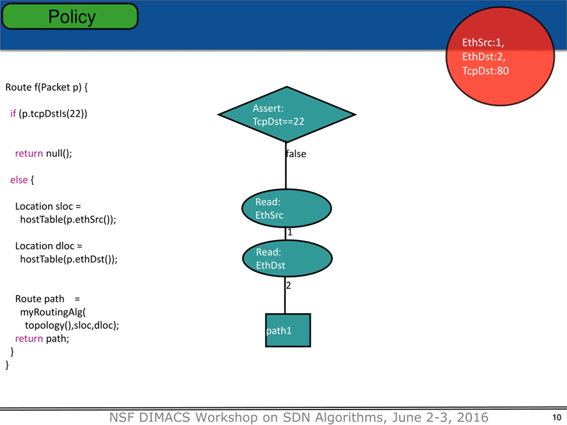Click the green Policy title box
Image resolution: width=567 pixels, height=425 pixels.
[70, 16]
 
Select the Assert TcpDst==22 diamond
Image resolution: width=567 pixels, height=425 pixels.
[287, 114]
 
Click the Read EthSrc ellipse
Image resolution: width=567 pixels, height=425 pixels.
[287, 208]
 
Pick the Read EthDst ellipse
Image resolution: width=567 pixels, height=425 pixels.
[287, 259]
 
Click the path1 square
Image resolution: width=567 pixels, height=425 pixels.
[288, 330]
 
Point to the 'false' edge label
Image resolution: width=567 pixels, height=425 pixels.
[296, 154]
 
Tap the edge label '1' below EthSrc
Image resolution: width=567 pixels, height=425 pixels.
[290, 232]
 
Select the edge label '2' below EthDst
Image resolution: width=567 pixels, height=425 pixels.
[288, 285]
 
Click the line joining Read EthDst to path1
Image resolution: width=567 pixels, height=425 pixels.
[285, 300]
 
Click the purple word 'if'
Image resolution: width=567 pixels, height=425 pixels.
[13, 114]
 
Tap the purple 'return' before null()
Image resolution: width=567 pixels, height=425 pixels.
[29, 153]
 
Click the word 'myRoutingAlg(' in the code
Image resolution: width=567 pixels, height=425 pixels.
[53, 312]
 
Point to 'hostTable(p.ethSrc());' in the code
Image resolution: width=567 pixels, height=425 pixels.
[68, 220]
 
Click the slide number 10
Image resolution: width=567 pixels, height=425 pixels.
[557, 417]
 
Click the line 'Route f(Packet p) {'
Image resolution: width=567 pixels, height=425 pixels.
[46, 87]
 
